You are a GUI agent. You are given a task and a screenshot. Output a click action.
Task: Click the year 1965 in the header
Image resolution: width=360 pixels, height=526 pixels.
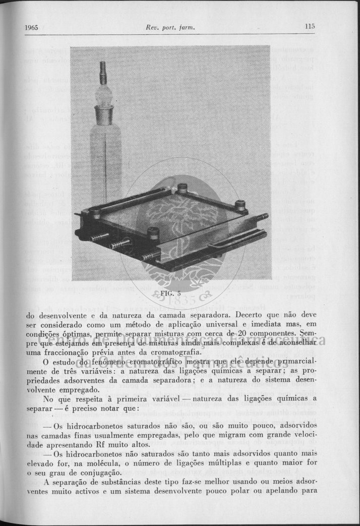click(32, 27)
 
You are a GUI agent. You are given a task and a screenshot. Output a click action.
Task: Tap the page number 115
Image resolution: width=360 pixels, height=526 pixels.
click(310, 26)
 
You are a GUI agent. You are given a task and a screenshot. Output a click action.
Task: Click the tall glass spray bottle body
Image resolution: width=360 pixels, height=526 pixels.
click(105, 161)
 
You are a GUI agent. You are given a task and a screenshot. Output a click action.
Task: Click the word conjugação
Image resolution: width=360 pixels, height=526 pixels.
click(99, 473)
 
